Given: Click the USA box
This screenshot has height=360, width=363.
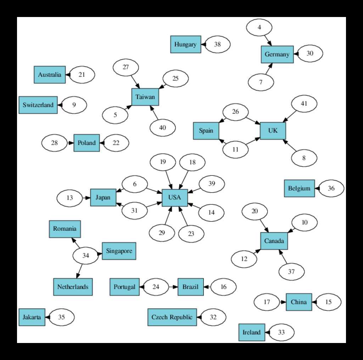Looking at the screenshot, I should pyautogui.click(x=174, y=198).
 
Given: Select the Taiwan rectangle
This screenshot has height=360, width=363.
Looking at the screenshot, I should pyautogui.click(x=145, y=97).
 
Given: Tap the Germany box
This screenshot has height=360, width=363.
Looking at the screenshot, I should pyautogui.click(x=277, y=55).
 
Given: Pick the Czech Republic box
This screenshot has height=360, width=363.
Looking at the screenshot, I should pyautogui.click(x=172, y=317).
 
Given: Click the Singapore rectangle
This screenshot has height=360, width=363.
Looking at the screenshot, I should pyautogui.click(x=119, y=251).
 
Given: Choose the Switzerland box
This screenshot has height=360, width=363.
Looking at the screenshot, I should pyautogui.click(x=38, y=105).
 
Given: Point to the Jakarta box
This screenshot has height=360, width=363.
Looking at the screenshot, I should pyautogui.click(x=32, y=317).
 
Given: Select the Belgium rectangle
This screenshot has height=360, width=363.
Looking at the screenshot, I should pyautogui.click(x=299, y=189).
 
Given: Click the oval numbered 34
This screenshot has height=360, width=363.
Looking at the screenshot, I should pyautogui.click(x=85, y=255).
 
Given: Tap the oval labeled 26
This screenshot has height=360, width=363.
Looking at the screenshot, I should pyautogui.click(x=235, y=112).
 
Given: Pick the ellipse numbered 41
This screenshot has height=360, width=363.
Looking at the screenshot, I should pyautogui.click(x=304, y=104).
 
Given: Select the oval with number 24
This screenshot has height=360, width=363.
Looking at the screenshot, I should pyautogui.click(x=156, y=287).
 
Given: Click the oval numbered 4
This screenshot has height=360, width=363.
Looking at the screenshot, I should pyautogui.click(x=259, y=27).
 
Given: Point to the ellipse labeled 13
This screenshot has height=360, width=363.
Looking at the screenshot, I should pyautogui.click(x=69, y=198).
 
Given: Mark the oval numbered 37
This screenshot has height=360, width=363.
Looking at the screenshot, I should pyautogui.click(x=291, y=272).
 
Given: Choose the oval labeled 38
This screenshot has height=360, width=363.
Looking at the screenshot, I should pyautogui.click(x=217, y=44).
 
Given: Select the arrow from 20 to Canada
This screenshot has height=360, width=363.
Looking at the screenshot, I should pyautogui.click(x=264, y=225).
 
